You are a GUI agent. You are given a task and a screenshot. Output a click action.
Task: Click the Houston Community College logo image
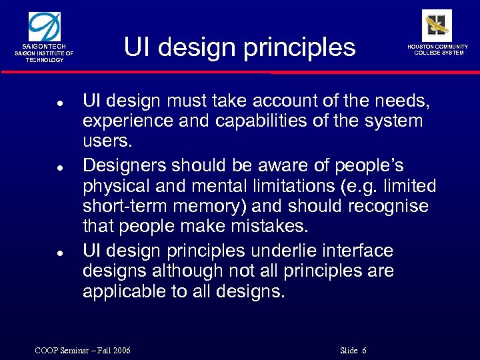click(x=437, y=25)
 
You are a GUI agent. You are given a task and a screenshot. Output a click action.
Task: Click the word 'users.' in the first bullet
click(x=108, y=142)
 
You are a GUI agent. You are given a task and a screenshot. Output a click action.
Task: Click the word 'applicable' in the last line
click(x=123, y=292)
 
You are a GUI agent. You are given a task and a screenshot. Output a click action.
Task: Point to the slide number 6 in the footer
click(x=365, y=351)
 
